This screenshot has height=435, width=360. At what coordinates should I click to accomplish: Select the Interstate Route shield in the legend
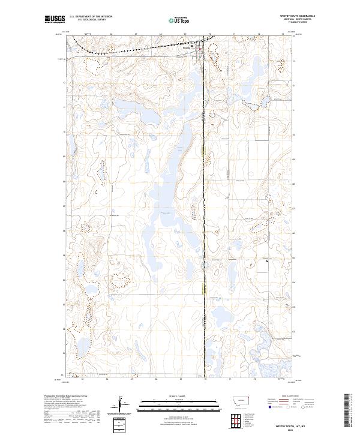click(271, 407)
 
